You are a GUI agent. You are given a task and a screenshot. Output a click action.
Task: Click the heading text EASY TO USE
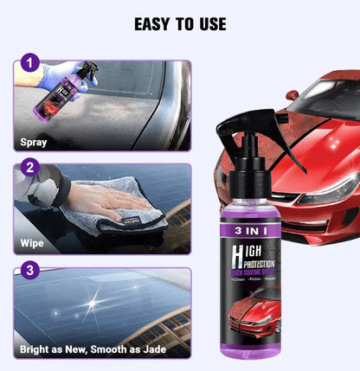coord(180,24)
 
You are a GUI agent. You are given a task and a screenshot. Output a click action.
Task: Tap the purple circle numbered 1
coord(30,63)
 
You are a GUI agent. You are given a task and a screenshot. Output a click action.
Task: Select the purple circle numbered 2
coord(30,167)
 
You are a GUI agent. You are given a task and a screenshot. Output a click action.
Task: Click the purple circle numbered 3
coord(30,271)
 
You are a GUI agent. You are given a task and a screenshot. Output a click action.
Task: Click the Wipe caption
coord(32,243)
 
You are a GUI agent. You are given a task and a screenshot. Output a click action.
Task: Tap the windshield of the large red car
coord(325,104)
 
